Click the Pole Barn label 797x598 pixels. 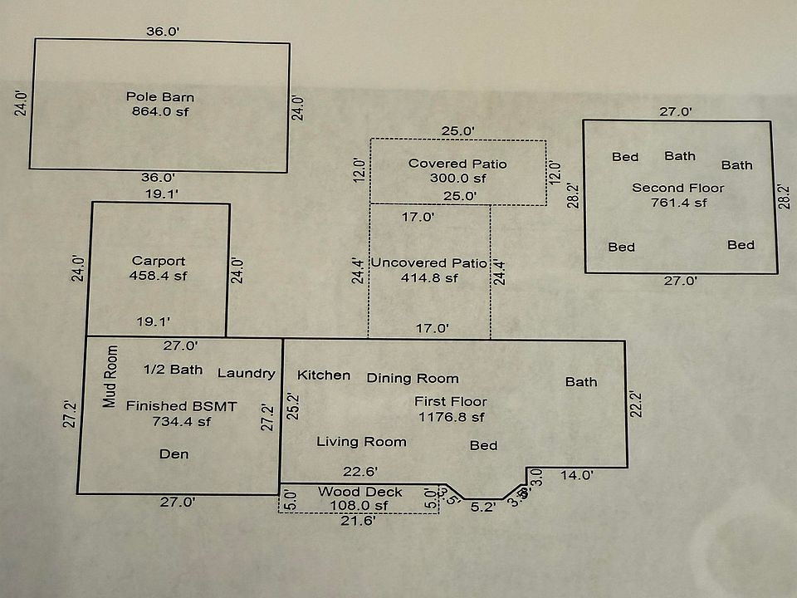(x=160, y=96)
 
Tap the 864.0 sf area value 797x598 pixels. (x=160, y=111)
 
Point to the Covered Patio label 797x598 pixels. (x=457, y=164)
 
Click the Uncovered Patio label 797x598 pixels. (x=428, y=263)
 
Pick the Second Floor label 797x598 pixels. (x=678, y=188)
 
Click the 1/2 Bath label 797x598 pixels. (x=173, y=370)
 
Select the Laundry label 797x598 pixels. (x=246, y=373)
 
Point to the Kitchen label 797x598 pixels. (x=324, y=375)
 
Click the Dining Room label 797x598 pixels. (x=413, y=378)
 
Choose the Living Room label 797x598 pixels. (x=361, y=442)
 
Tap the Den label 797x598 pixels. (x=174, y=453)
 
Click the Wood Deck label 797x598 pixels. (x=360, y=492)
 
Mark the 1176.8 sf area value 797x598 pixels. (x=452, y=417)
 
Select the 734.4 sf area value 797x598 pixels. (x=182, y=421)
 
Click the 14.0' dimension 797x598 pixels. (x=577, y=476)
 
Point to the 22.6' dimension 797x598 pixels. (x=361, y=471)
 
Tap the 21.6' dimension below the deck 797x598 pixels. (x=358, y=521)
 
